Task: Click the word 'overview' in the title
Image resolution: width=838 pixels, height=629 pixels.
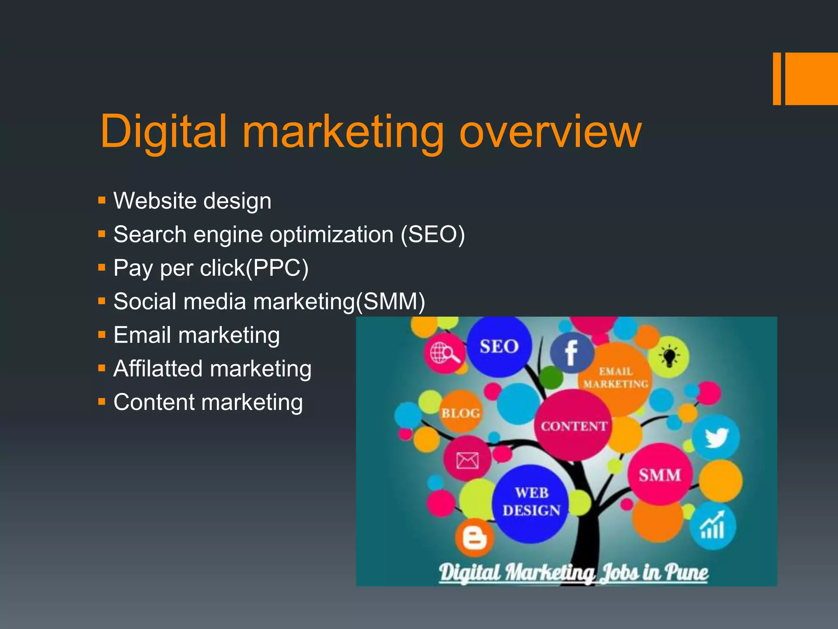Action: coord(550,132)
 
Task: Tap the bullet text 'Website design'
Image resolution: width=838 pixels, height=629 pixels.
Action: coord(192,201)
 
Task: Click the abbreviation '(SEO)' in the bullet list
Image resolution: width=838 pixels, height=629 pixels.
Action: coord(433,235)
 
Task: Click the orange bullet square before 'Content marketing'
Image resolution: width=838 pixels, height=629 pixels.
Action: coord(102,402)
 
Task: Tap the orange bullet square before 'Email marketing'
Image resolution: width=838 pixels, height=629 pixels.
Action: coord(102,335)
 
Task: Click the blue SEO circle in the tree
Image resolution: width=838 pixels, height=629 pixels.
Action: coord(499,346)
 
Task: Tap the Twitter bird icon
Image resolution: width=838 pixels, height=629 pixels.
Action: coord(716,437)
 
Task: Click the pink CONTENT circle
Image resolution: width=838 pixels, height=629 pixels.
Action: coord(574,426)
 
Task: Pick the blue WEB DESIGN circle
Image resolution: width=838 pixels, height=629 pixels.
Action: coord(531,502)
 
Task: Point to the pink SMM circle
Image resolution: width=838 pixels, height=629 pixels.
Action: coord(660,475)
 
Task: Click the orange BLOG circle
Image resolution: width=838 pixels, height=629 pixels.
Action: coord(461,413)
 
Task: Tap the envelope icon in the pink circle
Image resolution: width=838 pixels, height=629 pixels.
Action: coord(467,460)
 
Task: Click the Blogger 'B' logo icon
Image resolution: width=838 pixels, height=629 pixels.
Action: coord(474,538)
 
